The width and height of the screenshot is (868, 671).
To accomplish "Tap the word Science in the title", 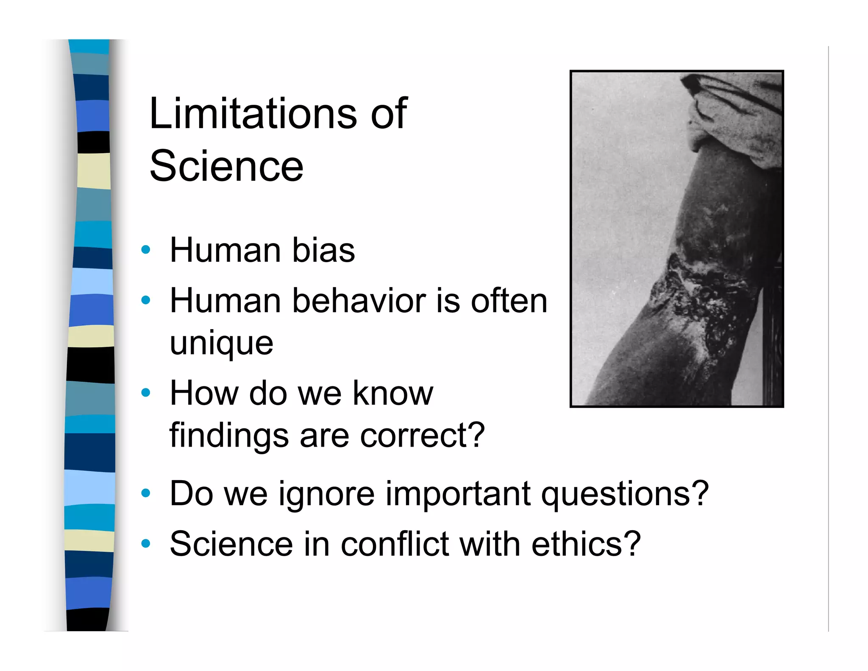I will point(226,166).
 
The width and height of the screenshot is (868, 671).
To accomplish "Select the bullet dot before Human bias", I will point(146,249).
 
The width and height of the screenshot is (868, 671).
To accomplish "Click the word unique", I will point(221,344).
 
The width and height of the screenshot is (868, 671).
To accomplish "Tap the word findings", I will point(229,436).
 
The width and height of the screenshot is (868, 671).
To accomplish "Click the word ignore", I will point(326,494).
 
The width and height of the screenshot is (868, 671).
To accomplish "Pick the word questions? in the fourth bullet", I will point(625,494).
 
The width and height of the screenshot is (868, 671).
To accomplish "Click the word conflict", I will point(395,544).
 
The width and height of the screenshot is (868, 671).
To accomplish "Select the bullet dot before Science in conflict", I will point(146,543).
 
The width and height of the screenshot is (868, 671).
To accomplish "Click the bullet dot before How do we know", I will point(146,393).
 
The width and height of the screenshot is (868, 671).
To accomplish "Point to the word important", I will point(458,494).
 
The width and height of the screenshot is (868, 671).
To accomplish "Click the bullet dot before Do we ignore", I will point(146,493).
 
